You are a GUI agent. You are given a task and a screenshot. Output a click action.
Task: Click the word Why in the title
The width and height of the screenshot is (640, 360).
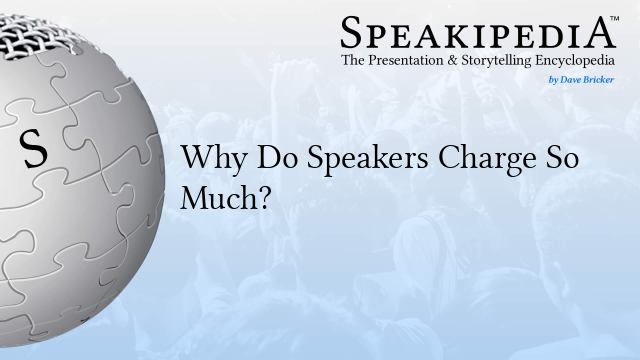tap(206, 160)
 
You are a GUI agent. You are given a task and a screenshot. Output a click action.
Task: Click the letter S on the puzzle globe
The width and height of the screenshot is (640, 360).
tap(34, 149)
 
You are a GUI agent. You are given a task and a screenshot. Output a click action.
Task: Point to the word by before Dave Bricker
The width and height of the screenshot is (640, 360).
tap(558, 78)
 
